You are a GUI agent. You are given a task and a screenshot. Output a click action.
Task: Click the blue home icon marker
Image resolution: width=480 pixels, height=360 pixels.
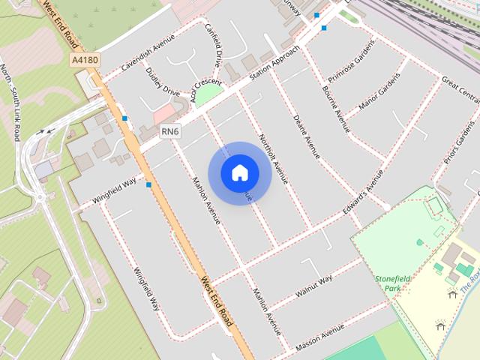tap(239, 173)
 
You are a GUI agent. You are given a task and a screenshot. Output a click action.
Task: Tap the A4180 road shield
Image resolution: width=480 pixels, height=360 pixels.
tap(85, 60)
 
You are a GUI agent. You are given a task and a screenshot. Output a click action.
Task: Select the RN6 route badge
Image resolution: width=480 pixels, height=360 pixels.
tap(170, 132)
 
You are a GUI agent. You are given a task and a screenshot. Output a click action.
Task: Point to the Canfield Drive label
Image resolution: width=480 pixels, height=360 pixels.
tap(214, 43)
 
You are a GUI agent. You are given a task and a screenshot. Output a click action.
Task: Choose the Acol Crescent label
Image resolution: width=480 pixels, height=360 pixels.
tap(206, 88)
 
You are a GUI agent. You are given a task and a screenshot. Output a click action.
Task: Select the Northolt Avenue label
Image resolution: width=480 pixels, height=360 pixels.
tap(273, 159)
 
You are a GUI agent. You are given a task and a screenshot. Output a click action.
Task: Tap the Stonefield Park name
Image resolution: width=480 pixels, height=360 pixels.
tap(388, 283)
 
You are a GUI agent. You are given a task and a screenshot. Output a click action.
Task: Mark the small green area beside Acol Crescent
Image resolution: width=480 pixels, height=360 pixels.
tap(209, 96)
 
